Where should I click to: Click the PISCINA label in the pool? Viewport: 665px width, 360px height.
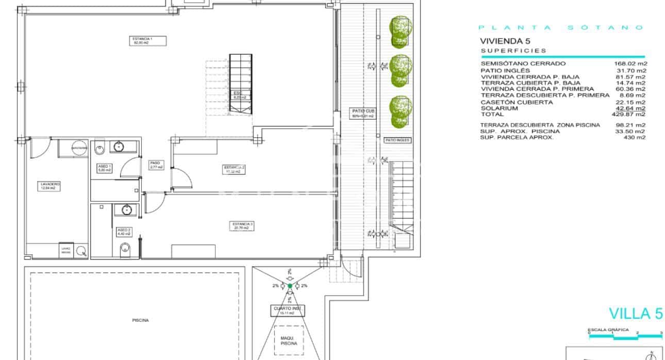(140, 320)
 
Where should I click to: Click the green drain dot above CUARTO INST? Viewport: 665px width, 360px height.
(290, 286)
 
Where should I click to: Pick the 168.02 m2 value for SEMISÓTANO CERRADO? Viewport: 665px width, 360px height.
(634, 64)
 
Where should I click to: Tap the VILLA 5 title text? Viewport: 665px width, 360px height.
(636, 314)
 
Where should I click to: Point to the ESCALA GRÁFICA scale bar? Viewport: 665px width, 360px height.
(625, 335)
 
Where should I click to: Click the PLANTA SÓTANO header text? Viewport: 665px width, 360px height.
(561, 28)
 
